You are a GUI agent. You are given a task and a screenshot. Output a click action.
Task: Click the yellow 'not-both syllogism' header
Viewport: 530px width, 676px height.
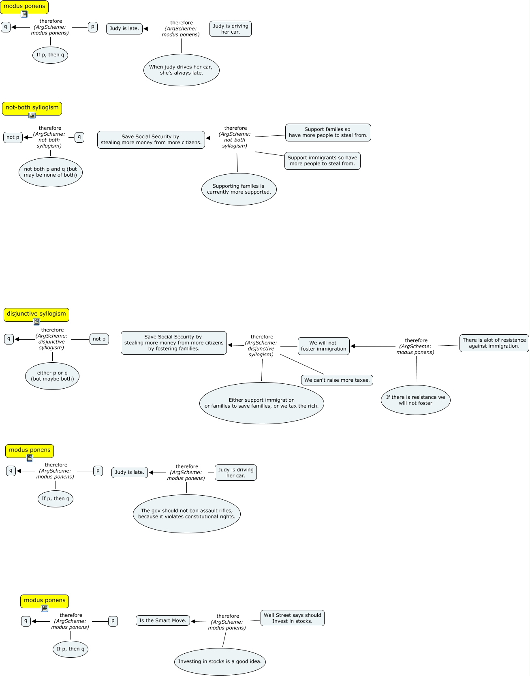[32, 108]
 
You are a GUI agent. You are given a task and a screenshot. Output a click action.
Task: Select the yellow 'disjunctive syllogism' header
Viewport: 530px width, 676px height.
[36, 314]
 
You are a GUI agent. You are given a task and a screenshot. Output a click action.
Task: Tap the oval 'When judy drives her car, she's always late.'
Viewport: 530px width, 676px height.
[181, 70]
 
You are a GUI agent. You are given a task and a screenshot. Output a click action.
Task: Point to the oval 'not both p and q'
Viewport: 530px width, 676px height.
[51, 172]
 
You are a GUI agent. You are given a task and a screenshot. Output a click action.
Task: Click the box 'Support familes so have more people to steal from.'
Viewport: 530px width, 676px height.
[328, 133]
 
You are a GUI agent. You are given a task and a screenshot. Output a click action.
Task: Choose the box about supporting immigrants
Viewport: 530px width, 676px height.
[323, 161]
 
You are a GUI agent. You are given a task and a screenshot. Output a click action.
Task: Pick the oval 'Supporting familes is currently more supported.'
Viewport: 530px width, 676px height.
[239, 189]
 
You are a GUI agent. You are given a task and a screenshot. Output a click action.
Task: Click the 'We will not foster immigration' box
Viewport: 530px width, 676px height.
[323, 346]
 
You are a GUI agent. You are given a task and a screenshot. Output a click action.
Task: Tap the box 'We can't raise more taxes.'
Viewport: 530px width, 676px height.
[337, 380]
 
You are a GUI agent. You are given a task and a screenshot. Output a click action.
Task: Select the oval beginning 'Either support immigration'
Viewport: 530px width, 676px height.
[262, 403]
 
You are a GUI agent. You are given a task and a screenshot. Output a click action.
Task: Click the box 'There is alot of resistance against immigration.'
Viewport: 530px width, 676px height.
[494, 343]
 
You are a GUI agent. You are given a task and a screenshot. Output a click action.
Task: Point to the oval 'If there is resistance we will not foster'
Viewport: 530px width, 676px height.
[416, 400]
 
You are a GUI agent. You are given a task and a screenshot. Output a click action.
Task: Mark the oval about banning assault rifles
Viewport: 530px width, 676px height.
[187, 514]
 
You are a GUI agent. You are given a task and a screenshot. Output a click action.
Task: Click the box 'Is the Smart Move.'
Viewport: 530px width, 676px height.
[163, 621]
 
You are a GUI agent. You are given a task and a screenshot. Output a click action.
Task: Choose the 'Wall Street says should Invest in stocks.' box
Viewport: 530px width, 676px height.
[293, 618]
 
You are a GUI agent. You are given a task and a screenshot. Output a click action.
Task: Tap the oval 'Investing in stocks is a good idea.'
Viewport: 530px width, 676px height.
[220, 662]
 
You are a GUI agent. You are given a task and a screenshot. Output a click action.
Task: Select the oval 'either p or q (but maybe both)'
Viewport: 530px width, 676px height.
[52, 376]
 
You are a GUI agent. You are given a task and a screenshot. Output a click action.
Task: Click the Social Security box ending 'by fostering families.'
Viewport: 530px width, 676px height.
[174, 343]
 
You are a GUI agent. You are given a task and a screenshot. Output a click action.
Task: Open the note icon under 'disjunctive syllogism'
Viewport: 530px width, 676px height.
[36, 322]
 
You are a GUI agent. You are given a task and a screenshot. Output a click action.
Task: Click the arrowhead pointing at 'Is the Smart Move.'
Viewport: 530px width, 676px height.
[193, 621]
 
